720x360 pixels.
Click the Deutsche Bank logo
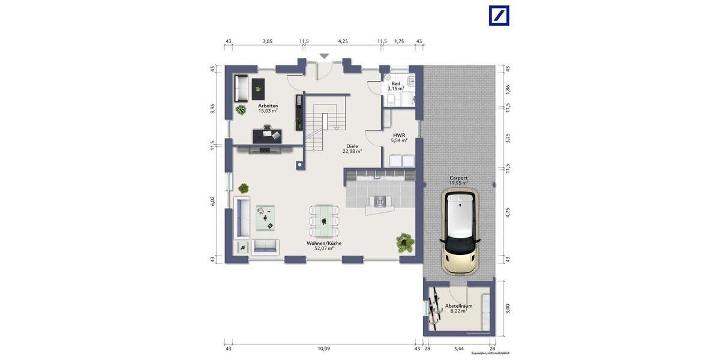click(x=499, y=16)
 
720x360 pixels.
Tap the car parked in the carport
click(x=460, y=231)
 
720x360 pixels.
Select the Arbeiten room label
click(x=268, y=108)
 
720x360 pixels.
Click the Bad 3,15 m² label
click(x=396, y=86)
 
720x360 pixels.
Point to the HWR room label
click(x=399, y=138)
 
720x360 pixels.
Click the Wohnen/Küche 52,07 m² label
click(x=324, y=245)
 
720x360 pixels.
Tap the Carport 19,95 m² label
click(x=459, y=180)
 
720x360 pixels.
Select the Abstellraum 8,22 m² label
click(x=458, y=308)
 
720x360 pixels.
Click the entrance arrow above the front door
click(x=324, y=56)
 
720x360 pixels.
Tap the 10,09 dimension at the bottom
click(x=323, y=348)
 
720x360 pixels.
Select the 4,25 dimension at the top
click(x=343, y=41)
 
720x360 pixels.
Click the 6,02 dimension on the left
click(x=212, y=202)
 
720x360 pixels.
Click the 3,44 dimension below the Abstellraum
click(x=459, y=348)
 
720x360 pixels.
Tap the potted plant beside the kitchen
click(x=404, y=242)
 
